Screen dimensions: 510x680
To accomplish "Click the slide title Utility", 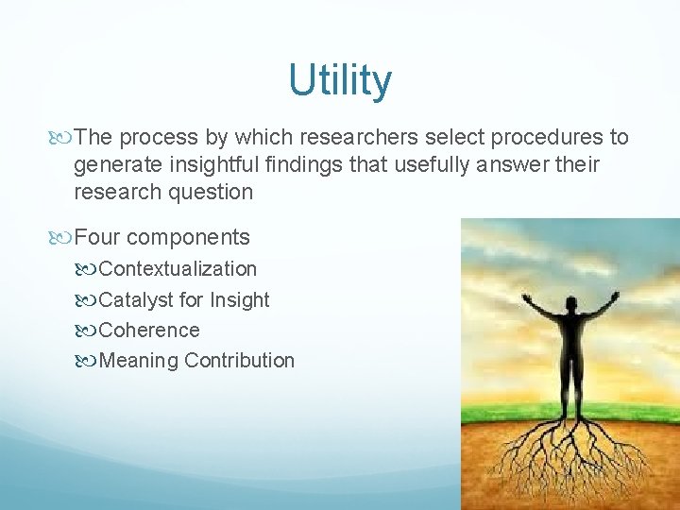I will tap(340, 81).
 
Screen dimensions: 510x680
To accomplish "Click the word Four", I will tap(96, 237).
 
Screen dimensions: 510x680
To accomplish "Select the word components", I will tap(188, 237).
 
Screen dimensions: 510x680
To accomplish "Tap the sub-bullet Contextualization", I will tap(178, 269).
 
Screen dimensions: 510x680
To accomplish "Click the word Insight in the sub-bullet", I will tap(239, 300).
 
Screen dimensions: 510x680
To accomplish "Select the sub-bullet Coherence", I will tap(149, 331).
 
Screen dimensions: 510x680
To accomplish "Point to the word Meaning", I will tap(139, 361).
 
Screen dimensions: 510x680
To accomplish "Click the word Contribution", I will tap(240, 361).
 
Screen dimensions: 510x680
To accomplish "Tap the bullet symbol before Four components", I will tap(63, 237).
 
